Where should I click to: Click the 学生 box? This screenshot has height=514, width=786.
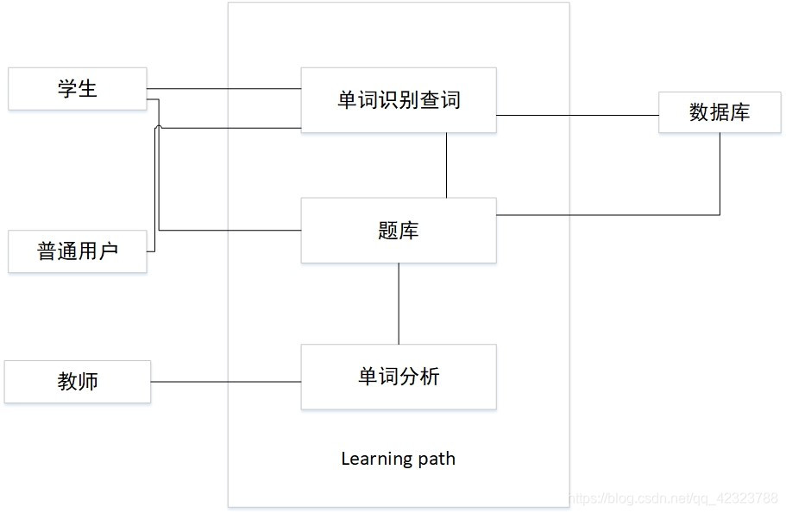[78, 89]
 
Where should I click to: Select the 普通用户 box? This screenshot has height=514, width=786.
[78, 251]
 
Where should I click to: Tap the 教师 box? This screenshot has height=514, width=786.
[78, 382]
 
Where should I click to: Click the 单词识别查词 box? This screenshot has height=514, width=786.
[398, 100]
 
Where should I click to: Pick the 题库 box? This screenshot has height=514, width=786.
[398, 230]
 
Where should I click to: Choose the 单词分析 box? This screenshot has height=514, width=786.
[398, 377]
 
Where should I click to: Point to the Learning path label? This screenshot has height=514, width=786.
[398, 459]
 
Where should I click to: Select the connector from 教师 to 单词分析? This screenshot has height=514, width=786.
[225, 382]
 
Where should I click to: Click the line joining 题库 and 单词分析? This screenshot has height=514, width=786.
[399, 303]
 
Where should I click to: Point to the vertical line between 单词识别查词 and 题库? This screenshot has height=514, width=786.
[446, 165]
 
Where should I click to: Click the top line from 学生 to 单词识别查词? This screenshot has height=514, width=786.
[223, 89]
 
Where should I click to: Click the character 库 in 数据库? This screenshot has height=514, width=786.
[740, 112]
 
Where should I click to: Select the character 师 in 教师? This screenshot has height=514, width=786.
[88, 382]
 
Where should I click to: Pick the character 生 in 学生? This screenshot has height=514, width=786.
[88, 89]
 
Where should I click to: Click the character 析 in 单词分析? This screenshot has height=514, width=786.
[429, 377]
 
